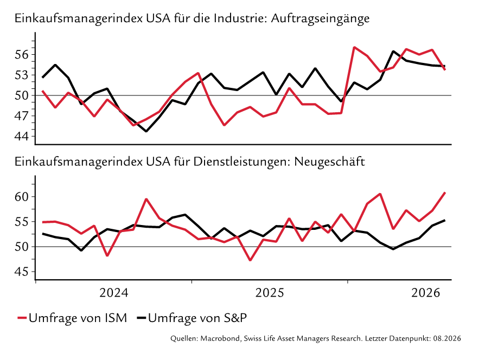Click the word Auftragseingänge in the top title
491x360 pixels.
tap(320, 18)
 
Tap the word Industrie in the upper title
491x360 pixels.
tap(240, 18)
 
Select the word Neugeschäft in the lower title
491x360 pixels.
tap(330, 162)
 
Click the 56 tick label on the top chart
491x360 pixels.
tap(21, 55)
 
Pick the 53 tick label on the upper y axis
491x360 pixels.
tap(21, 75)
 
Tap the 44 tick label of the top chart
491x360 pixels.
tap(21, 136)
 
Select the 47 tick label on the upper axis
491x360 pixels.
tap(21, 116)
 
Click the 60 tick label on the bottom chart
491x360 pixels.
tap(21, 197)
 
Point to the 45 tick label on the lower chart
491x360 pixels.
tap(21, 272)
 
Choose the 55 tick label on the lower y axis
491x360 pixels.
tap(21, 222)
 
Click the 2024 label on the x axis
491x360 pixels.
tap(114, 293)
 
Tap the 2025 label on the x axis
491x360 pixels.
tap(270, 293)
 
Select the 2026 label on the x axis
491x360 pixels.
tap(425, 293)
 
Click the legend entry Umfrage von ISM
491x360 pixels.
tap(72, 318)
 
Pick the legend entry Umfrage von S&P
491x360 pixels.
tap(192, 318)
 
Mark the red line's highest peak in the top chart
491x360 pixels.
tap(354, 47)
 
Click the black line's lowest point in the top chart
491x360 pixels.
tap(146, 131)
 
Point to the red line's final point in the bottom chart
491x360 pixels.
tap(445, 192)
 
